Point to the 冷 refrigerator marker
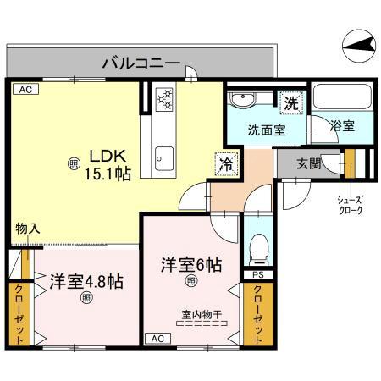(x=227, y=163)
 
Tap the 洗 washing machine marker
(x=290, y=104)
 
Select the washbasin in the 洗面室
(x=244, y=100)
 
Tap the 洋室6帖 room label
(x=191, y=263)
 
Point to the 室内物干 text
(x=201, y=315)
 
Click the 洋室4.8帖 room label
(x=86, y=281)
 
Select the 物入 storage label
(x=27, y=228)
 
